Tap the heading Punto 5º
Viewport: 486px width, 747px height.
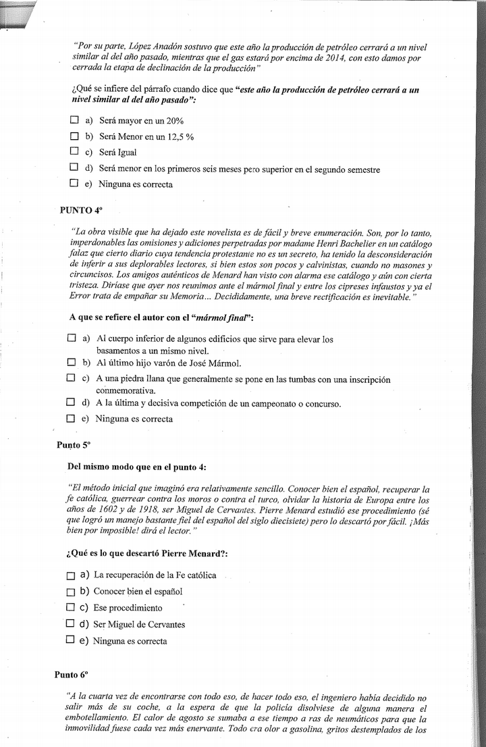(x=73, y=445)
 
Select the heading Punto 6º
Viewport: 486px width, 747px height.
(x=71, y=674)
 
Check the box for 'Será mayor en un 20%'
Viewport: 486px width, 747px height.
(x=74, y=120)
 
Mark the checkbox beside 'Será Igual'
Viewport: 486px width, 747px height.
(x=74, y=151)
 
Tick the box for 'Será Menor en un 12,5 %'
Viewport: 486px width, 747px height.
(x=74, y=136)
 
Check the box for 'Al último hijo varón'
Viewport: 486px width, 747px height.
(x=71, y=362)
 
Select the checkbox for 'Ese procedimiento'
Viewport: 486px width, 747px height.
(x=70, y=607)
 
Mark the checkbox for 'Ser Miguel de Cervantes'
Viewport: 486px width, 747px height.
(x=70, y=623)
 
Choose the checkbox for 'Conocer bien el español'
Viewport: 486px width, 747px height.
(x=71, y=591)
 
